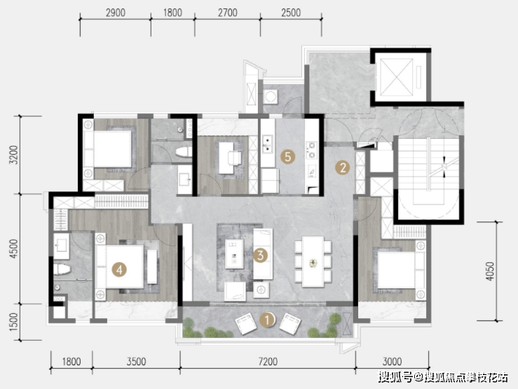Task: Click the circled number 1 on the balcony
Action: click(267, 320)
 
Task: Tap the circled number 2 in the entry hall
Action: click(343, 168)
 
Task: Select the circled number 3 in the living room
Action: click(260, 255)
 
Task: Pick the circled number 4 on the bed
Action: click(119, 269)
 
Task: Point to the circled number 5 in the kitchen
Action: click(288, 156)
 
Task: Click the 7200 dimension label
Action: click(268, 362)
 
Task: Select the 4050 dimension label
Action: click(490, 271)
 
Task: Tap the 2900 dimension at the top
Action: click(116, 13)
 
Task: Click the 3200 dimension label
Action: click(14, 154)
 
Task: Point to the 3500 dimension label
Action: click(136, 362)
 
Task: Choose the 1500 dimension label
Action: click(14, 322)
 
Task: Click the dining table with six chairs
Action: click(313, 261)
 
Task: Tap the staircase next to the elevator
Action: click(428, 177)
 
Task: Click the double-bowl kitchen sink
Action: click(267, 144)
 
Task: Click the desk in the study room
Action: click(226, 158)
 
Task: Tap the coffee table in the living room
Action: click(234, 254)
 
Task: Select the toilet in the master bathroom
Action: click(62, 269)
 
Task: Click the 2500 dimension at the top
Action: click(291, 13)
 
